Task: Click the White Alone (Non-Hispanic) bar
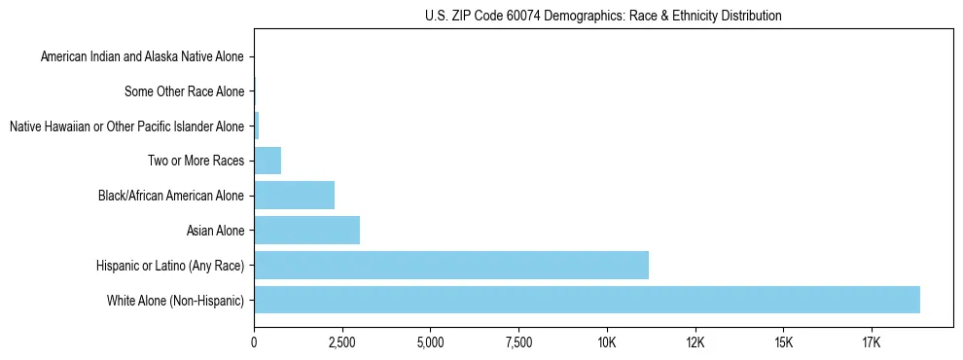click(x=587, y=300)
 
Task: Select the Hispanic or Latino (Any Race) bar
click(x=451, y=265)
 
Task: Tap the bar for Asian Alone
click(x=306, y=230)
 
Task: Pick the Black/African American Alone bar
click(x=294, y=195)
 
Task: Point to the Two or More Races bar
click(x=267, y=160)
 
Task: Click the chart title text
click(x=603, y=16)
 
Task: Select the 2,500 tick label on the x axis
click(x=341, y=342)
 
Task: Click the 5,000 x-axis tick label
click(x=430, y=342)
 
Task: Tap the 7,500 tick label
click(x=518, y=342)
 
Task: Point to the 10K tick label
click(x=607, y=342)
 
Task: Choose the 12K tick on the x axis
click(x=695, y=342)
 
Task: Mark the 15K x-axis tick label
click(x=783, y=342)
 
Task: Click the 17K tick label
click(x=872, y=342)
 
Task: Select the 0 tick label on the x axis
click(x=254, y=342)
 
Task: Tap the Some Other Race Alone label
click(x=185, y=92)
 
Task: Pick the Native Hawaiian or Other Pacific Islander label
click(x=126, y=126)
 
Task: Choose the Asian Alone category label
click(x=215, y=231)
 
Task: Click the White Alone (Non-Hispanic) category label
click(x=176, y=301)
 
